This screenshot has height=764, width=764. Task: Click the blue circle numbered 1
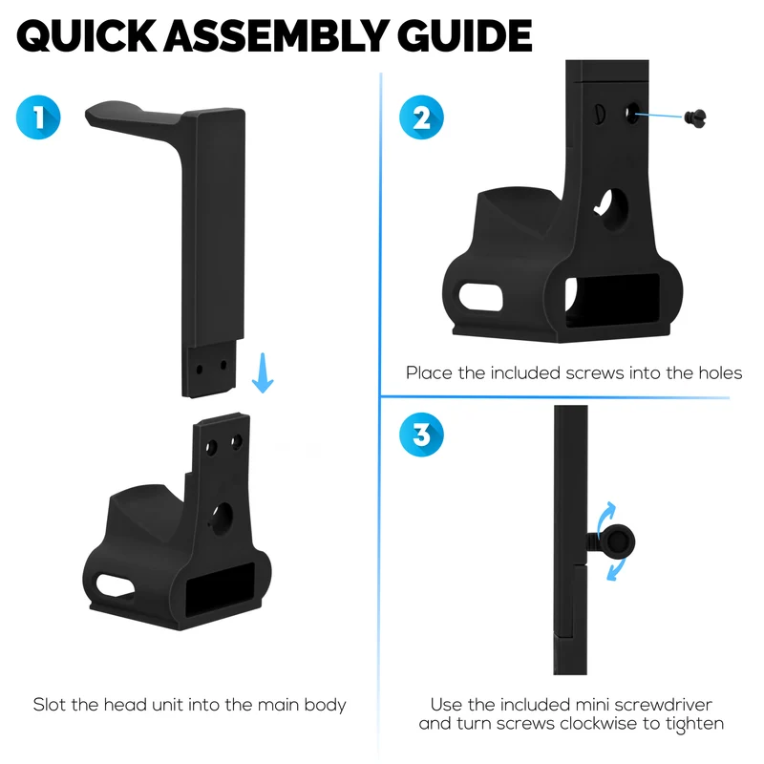(38, 117)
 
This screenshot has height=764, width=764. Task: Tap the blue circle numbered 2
(421, 117)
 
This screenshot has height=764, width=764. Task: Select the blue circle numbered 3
(421, 435)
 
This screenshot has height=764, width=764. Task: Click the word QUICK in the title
(87, 36)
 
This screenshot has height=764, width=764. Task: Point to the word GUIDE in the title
(464, 35)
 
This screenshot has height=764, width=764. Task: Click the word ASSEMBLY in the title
(276, 35)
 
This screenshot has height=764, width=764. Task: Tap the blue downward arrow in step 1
(263, 372)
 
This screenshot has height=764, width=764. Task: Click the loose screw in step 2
(695, 117)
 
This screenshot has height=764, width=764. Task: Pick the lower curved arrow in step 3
(617, 569)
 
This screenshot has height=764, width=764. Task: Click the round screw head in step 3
(618, 541)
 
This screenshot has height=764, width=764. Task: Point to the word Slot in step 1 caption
(50, 705)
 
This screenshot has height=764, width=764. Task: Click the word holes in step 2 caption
(720, 372)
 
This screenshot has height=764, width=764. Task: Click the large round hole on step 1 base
(223, 519)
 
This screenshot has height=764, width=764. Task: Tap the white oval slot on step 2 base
(480, 297)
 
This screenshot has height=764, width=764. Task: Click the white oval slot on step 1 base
(116, 585)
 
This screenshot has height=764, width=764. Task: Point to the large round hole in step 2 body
(613, 210)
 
